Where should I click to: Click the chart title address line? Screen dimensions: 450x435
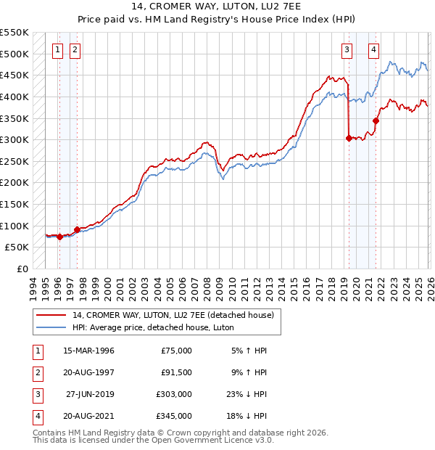(x=217, y=8)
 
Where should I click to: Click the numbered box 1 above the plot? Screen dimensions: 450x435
(x=57, y=50)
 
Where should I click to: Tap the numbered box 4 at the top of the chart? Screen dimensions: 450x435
(x=373, y=50)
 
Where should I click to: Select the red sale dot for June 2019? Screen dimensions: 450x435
(x=349, y=138)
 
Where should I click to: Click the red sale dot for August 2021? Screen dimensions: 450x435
(x=376, y=120)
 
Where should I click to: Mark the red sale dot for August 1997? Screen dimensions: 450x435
(x=78, y=229)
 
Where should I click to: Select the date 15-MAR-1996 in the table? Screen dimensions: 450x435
(x=88, y=351)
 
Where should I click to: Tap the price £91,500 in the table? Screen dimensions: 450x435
(x=176, y=372)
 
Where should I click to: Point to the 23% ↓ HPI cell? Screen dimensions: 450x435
(x=246, y=394)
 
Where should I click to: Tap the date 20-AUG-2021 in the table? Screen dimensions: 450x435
(x=88, y=416)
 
